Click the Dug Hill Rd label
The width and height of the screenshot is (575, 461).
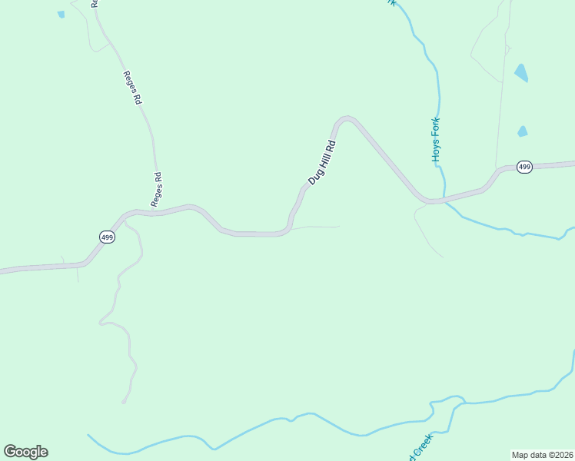point(323,162)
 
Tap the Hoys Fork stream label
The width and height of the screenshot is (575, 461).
point(435,138)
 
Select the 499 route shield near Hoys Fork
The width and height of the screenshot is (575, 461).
point(524,167)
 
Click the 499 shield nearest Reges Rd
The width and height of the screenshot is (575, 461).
point(107,237)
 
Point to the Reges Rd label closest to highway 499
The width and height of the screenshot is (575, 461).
point(157,190)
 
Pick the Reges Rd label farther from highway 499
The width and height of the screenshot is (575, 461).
point(131,88)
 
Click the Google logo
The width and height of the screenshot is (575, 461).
point(25,452)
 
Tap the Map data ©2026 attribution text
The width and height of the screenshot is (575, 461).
point(541,454)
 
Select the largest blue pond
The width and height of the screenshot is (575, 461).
point(521,73)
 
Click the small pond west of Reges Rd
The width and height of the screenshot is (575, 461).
point(61,14)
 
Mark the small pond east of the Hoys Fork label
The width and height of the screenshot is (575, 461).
point(523,131)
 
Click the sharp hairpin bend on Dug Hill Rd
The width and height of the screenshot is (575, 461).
point(346,118)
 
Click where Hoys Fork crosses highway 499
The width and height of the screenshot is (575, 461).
point(444,201)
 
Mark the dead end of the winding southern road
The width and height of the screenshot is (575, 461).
point(123,402)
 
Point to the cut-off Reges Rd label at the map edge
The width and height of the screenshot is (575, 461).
point(95,3)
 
